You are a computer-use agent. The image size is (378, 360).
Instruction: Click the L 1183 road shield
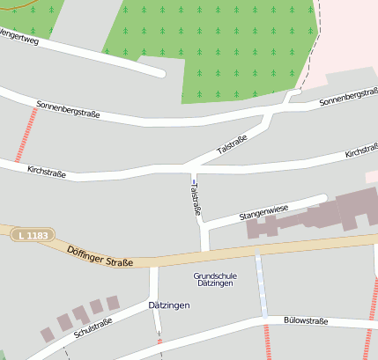point(33,235)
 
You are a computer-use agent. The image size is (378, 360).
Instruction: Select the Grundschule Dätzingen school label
point(216,280)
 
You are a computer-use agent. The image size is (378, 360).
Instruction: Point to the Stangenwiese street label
point(263,212)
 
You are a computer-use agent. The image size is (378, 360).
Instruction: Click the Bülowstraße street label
point(306,321)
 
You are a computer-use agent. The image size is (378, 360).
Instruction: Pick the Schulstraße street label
point(93,328)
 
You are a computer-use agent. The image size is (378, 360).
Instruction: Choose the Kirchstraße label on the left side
point(47,169)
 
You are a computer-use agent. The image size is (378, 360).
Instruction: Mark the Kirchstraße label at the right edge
point(360,152)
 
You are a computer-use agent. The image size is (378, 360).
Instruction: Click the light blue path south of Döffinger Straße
point(261,286)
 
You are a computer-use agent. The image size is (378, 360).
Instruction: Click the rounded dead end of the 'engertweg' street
point(160,72)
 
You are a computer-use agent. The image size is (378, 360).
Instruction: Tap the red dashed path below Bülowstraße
point(265,342)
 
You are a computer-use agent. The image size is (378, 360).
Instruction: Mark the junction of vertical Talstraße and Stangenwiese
point(205,226)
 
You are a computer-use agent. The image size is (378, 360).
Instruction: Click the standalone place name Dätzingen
point(169,305)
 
